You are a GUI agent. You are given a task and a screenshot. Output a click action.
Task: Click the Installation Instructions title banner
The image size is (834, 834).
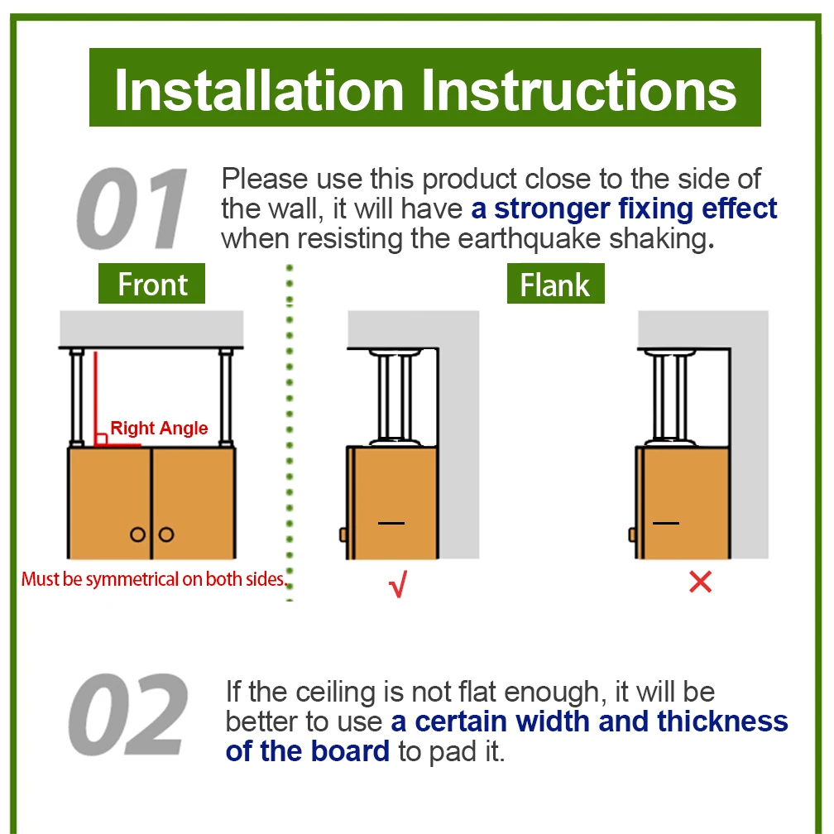(425, 87)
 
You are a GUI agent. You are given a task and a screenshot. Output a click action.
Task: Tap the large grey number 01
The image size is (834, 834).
(132, 208)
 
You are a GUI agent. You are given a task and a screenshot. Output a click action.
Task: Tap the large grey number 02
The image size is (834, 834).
(128, 714)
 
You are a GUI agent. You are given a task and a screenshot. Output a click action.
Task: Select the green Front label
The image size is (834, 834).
(151, 284)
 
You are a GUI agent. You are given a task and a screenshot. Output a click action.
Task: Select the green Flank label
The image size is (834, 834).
(555, 284)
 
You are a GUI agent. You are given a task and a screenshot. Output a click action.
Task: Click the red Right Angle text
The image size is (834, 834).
(159, 429)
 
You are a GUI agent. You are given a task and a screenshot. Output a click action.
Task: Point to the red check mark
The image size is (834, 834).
(398, 583)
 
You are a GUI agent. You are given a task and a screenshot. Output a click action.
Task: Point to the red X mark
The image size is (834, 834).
(700, 582)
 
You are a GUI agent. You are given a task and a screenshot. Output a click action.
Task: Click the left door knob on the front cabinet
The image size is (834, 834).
(137, 534)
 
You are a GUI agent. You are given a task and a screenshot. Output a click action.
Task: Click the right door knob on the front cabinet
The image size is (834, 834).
(166, 534)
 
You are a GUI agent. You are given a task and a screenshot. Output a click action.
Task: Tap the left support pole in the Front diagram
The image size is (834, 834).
(77, 397)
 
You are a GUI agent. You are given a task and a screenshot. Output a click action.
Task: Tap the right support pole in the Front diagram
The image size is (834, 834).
(226, 397)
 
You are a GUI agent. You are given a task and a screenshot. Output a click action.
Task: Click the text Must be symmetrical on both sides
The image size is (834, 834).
(154, 579)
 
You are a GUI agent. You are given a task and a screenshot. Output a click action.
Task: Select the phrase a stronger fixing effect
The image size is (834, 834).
(624, 208)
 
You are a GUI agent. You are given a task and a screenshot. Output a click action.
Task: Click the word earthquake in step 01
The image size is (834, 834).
(529, 239)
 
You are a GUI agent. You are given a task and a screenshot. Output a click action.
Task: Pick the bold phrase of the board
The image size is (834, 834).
(308, 751)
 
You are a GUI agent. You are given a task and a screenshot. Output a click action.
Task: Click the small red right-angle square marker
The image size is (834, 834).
(101, 439)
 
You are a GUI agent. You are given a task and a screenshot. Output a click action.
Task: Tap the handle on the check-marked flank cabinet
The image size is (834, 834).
(343, 534)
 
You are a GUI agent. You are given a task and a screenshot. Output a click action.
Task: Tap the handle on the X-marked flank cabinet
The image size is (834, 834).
(632, 534)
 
